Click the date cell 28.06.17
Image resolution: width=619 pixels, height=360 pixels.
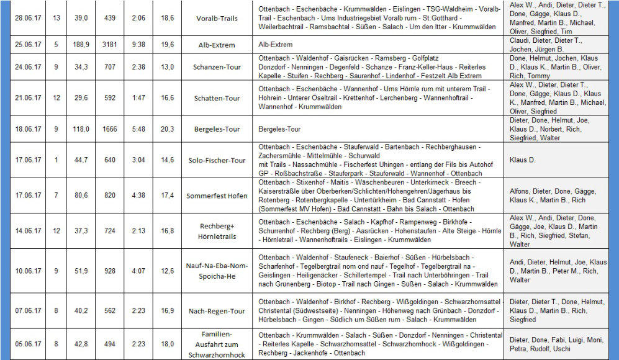pos(27,18)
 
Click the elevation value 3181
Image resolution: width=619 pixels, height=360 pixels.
pos(110,45)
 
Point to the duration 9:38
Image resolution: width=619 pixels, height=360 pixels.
pos(138,45)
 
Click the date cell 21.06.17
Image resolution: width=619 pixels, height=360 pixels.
pos(27,97)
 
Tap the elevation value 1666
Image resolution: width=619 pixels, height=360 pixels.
pos(110,129)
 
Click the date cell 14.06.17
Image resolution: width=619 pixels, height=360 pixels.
pos(27,231)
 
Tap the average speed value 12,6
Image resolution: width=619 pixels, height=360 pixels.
pos(168,271)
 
